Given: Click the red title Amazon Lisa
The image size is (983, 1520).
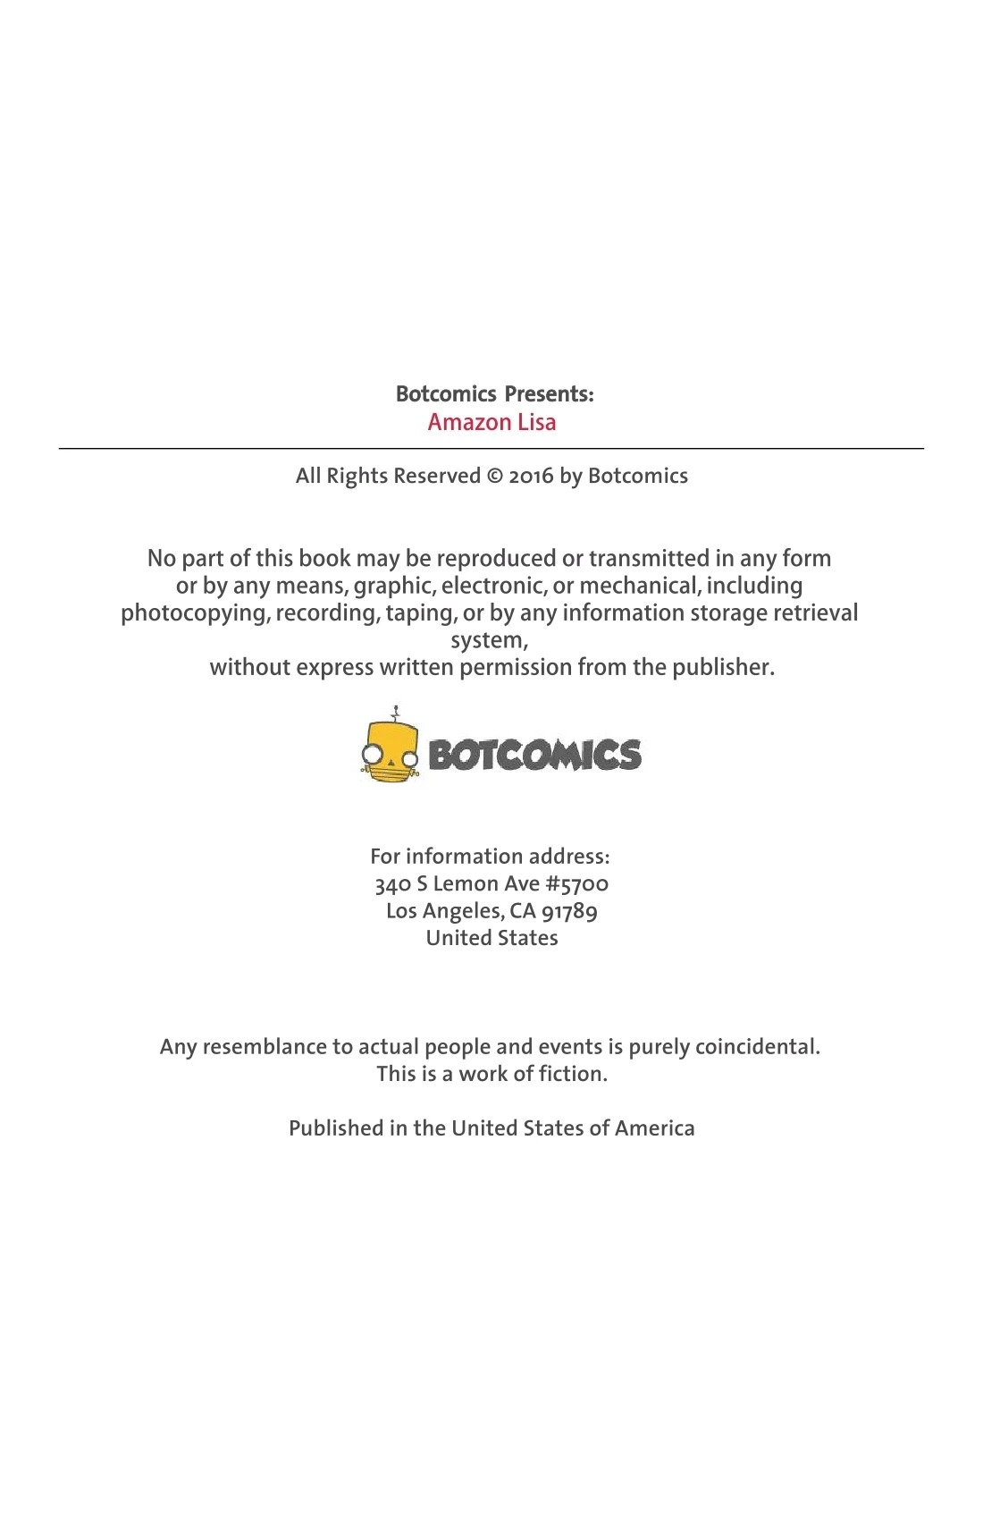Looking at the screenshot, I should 491,422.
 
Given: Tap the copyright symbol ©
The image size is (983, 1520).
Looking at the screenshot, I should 494,476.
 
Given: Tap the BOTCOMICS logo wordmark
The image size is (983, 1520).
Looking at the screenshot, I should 534,756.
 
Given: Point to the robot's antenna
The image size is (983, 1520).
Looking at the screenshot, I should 395,713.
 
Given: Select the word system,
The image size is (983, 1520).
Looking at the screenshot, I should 489,640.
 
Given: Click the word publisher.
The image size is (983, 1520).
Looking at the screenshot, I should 723,667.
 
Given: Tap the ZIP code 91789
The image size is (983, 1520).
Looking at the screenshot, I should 569,911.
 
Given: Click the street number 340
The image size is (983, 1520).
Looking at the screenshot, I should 392,884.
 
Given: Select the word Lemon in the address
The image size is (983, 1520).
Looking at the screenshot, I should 465,884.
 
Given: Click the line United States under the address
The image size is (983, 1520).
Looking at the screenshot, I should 491,938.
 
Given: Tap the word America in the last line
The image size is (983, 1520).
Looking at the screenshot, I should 654,1128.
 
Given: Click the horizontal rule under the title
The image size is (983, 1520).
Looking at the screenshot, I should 491,448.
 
